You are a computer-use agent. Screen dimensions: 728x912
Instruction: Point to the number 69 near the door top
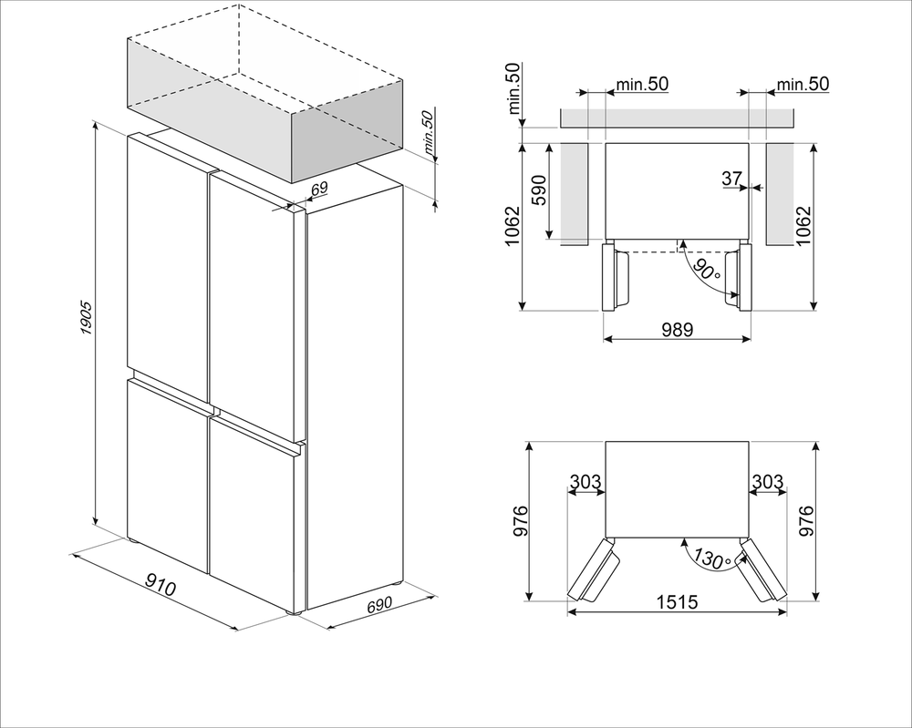[x=318, y=189]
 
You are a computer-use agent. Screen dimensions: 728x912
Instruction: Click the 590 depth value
[x=539, y=191]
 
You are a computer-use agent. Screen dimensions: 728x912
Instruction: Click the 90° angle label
[x=704, y=271]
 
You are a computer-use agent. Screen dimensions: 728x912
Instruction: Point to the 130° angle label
[x=710, y=557]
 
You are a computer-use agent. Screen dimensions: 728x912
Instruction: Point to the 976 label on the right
[x=806, y=521]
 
